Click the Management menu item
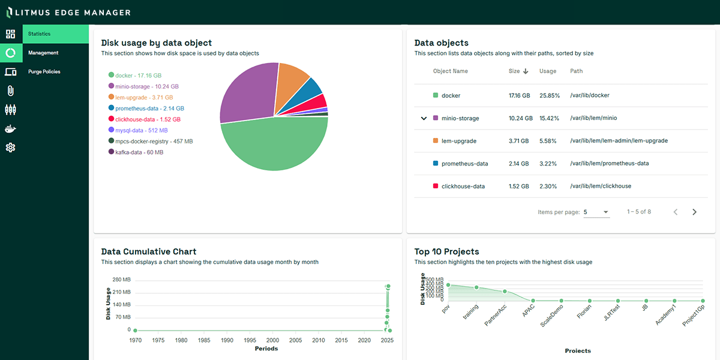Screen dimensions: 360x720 (x=43, y=53)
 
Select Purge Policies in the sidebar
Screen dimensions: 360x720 (x=44, y=71)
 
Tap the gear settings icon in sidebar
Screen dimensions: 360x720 (x=10, y=147)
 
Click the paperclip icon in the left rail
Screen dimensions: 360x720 (x=10, y=91)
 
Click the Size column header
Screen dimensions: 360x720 (x=514, y=71)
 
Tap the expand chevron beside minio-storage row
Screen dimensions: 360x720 (x=424, y=118)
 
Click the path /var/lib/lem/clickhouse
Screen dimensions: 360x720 (x=600, y=186)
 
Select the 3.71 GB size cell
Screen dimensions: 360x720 (x=519, y=141)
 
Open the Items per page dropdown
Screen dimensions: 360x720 (x=596, y=212)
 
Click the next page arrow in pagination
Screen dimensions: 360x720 (x=694, y=212)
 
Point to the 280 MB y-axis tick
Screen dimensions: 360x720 (x=121, y=280)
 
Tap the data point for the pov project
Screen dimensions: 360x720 (x=448, y=285)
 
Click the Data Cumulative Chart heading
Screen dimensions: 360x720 (x=149, y=251)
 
